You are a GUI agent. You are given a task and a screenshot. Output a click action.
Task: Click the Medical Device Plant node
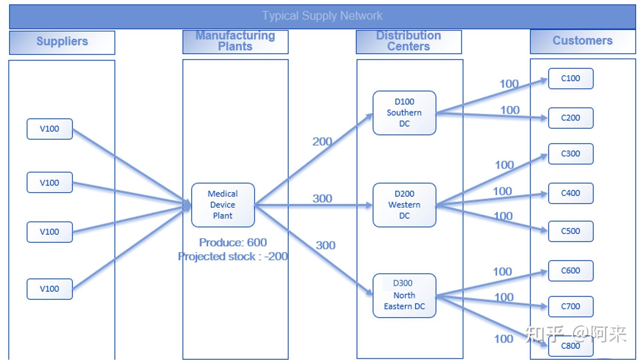[223, 205]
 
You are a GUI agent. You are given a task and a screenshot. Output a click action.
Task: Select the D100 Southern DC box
[404, 113]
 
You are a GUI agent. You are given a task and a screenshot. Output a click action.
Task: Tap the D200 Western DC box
[404, 205]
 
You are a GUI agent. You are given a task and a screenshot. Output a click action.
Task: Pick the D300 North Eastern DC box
[404, 295]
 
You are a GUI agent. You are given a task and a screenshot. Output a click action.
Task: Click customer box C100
[571, 78]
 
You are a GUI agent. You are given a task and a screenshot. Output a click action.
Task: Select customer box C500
[571, 231]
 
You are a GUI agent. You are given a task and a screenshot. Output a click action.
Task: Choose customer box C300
[571, 154]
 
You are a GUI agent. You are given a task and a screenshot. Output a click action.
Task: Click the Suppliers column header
[62, 42]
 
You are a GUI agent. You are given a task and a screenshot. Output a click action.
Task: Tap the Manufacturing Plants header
[235, 41]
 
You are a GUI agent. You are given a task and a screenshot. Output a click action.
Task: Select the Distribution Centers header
[409, 41]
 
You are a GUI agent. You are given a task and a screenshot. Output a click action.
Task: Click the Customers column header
[582, 41]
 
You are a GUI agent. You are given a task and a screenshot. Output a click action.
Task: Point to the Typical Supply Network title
[322, 16]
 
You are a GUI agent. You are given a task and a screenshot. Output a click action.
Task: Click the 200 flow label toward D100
[322, 142]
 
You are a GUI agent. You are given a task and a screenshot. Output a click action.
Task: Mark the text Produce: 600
[233, 242]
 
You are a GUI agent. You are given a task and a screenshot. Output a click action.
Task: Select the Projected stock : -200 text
[233, 256]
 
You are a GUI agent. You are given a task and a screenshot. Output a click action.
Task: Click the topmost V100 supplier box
[50, 129]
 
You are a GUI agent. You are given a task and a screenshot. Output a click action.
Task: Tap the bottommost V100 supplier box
[50, 289]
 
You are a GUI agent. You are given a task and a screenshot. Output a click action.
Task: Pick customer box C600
[571, 271]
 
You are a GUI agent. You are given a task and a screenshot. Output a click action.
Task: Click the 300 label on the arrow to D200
[322, 199]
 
